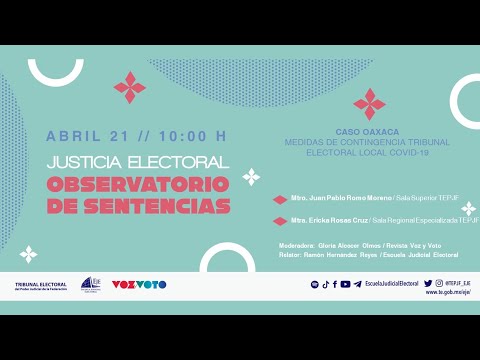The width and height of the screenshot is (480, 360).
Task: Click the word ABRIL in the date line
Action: (x=72, y=136)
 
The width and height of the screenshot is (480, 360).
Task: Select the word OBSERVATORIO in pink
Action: (x=138, y=185)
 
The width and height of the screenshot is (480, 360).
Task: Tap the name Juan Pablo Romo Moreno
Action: (x=332, y=200)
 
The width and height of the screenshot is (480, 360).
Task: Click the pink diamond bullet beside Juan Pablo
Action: (x=280, y=200)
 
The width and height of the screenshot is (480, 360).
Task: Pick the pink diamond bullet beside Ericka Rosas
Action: (x=280, y=221)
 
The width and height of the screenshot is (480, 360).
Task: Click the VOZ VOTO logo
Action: (x=138, y=285)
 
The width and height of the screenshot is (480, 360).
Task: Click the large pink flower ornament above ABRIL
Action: (x=130, y=88)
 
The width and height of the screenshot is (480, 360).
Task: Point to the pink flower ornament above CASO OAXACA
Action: (x=369, y=103)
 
